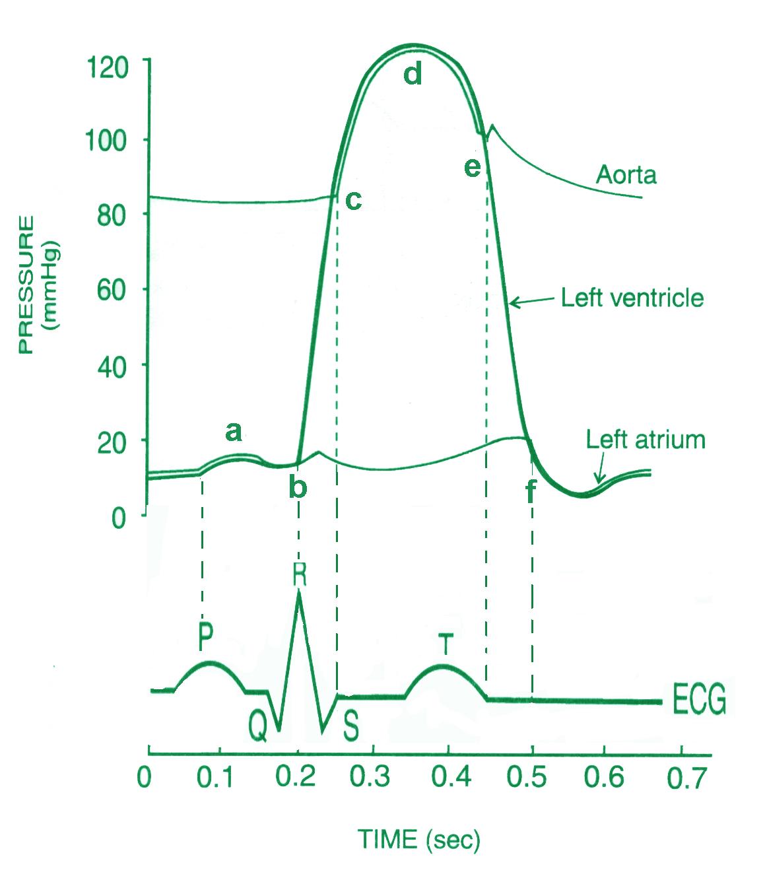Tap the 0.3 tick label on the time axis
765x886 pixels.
click(373, 778)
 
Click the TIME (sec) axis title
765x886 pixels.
click(419, 840)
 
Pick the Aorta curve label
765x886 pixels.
click(626, 175)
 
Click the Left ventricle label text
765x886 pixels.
click(632, 298)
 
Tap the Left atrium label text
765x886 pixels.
click(646, 440)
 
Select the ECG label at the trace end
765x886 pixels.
click(699, 700)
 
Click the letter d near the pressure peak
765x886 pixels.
click(413, 75)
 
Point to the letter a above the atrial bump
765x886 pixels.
click(234, 432)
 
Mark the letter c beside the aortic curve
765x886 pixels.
click(353, 200)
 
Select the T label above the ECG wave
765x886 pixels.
click(447, 644)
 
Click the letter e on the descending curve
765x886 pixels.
click(472, 168)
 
